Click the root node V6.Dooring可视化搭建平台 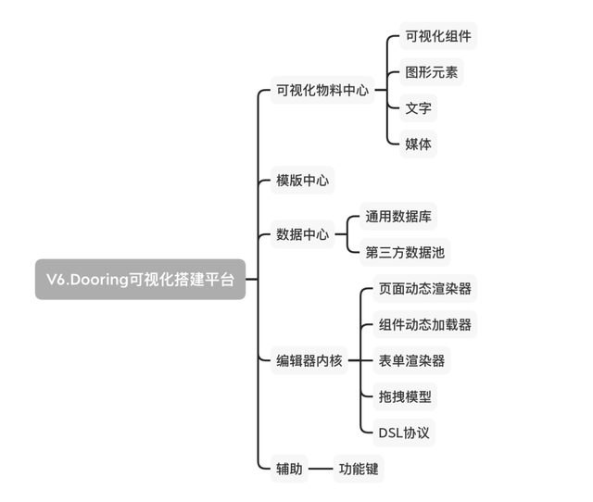[140, 280]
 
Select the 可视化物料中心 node [322, 90]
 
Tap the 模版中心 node [303, 181]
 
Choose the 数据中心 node [303, 234]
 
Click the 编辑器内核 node [309, 360]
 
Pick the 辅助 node [289, 469]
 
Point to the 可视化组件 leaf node [438, 36]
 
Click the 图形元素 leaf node [432, 72]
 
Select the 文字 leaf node [418, 108]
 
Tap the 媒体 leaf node [418, 144]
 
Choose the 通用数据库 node [398, 216]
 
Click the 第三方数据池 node [405, 252]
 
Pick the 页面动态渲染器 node [425, 288]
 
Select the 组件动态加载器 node [425, 324]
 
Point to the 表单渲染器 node [411, 360]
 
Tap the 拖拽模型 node [405, 396]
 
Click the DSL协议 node [404, 433]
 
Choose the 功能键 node [359, 469]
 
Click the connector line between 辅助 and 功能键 [321, 469]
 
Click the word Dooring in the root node [99, 280]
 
